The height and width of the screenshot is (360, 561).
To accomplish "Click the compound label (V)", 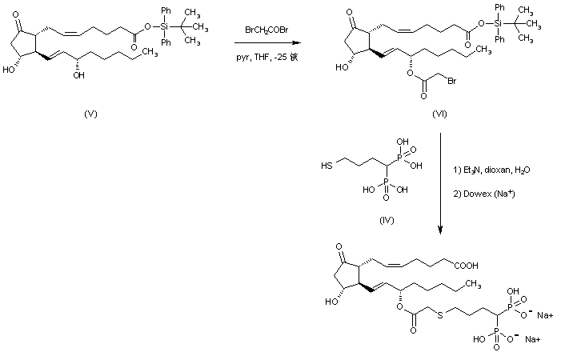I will pos(91,114).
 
